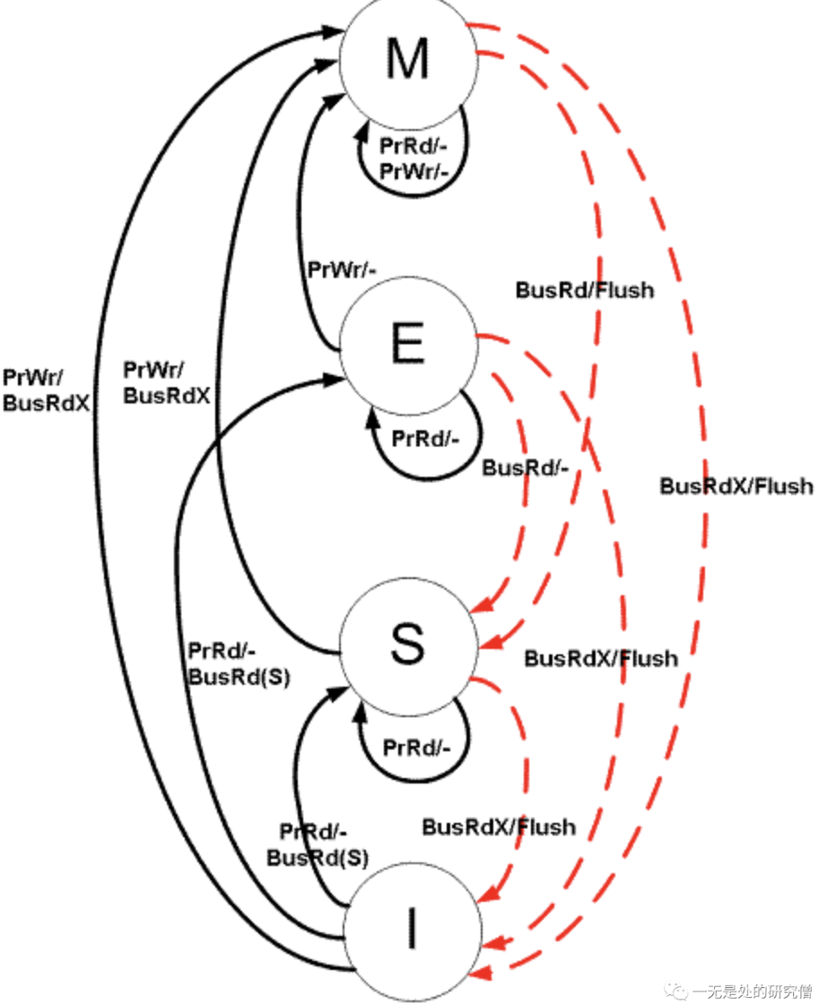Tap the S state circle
click(407, 645)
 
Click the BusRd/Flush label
click(584, 290)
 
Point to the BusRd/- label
click(526, 468)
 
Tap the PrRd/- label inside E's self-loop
click(425, 440)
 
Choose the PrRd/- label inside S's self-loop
click(416, 747)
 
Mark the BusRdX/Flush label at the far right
click(736, 486)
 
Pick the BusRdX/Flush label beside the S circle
click(601, 659)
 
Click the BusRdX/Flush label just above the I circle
click(499, 826)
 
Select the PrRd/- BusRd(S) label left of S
click(239, 664)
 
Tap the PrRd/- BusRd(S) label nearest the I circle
click(318, 844)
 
